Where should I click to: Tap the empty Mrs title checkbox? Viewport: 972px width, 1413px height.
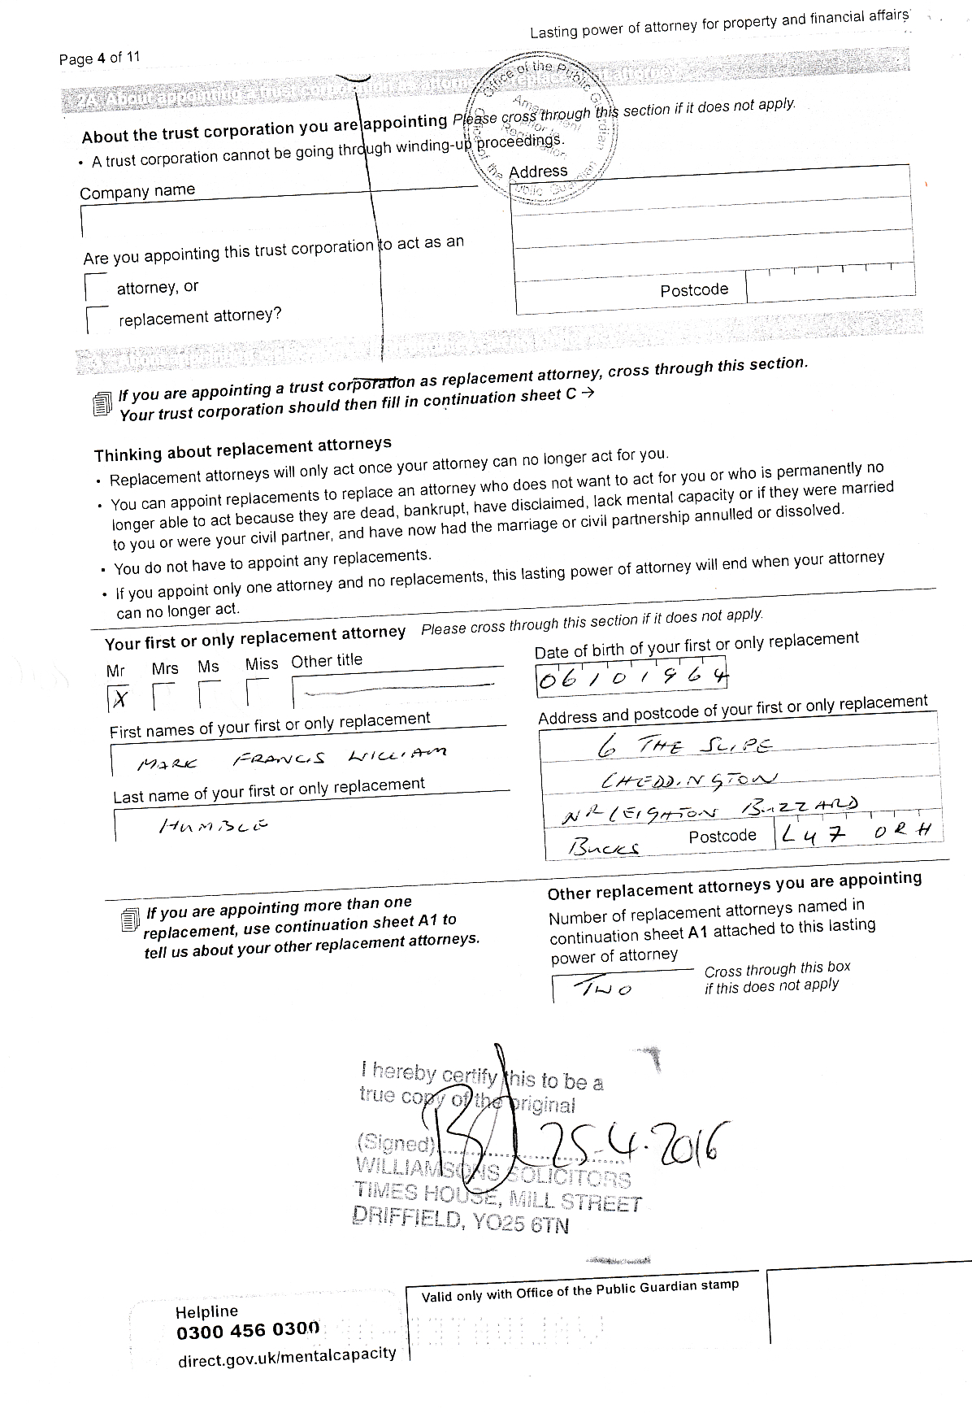pyautogui.click(x=163, y=696)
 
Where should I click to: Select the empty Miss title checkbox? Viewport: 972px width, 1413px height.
pyautogui.click(x=257, y=693)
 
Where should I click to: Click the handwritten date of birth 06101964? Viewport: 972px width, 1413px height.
pyautogui.click(x=631, y=677)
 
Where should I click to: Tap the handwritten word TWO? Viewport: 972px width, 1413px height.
pyautogui.click(x=602, y=989)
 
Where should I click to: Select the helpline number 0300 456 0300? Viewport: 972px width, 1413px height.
pyautogui.click(x=248, y=1331)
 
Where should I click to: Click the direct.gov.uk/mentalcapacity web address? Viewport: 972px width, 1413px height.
pyautogui.click(x=287, y=1356)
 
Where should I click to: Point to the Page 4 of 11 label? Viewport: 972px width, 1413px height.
pyautogui.click(x=99, y=58)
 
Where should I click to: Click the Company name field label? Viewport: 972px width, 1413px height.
pyautogui.click(x=137, y=192)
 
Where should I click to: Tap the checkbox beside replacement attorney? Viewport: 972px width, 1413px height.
pyautogui.click(x=97, y=320)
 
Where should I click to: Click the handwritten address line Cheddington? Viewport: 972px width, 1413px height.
pyautogui.click(x=688, y=780)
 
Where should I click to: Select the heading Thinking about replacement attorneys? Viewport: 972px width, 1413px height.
pyautogui.click(x=242, y=449)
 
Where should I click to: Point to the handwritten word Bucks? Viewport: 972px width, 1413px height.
pyautogui.click(x=603, y=847)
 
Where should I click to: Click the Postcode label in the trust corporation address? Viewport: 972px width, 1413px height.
pyautogui.click(x=694, y=290)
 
